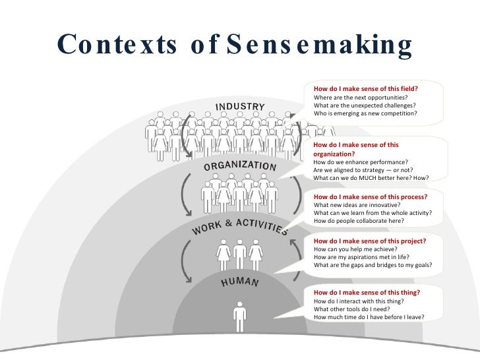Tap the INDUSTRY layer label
coord(240,107)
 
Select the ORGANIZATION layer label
coord(239,165)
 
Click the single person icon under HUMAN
coord(239,316)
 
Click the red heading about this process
coord(371,196)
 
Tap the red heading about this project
coord(369,241)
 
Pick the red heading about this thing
coord(367,292)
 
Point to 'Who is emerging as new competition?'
coord(365,113)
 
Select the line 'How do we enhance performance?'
coord(360,162)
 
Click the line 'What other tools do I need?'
coord(351,309)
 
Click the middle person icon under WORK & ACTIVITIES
coord(239,255)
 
